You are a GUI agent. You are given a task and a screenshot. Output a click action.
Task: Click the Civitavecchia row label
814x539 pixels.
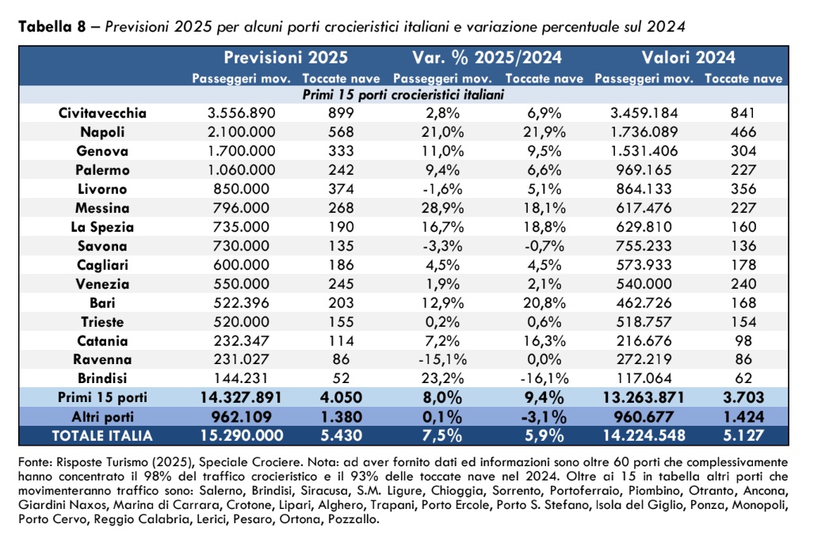pos(102,113)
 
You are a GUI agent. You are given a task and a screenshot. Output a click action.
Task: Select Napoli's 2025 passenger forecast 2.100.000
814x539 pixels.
pos(242,131)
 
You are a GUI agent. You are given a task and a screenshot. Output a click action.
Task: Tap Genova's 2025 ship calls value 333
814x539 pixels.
pos(341,151)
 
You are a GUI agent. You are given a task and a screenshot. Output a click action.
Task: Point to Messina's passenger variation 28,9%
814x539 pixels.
pos(442,208)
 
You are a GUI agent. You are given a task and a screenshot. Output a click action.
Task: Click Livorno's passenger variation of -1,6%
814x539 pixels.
pos(442,188)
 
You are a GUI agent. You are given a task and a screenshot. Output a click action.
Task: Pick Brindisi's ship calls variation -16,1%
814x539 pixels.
pos(544,378)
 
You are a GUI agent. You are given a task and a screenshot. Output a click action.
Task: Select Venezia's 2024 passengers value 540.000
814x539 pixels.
pos(644,284)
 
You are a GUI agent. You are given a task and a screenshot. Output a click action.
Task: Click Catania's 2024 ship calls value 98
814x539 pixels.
pos(743,341)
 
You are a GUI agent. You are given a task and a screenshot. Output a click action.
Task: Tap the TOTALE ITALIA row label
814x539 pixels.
pos(102,436)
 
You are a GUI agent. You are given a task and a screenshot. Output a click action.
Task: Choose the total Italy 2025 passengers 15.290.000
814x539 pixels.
pos(242,435)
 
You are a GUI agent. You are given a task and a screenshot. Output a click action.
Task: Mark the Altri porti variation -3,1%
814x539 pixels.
pos(544,416)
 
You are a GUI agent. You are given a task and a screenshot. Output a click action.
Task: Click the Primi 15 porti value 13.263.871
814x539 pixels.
pos(644,397)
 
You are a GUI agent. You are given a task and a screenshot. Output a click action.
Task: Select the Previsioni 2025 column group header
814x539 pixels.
pos(285,57)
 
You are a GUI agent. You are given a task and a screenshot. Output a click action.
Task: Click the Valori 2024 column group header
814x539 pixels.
pos(688,57)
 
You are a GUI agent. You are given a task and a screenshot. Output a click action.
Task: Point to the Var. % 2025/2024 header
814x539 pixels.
pos(487,57)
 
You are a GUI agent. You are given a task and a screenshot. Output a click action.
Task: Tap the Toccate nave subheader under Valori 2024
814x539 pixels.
pos(743,79)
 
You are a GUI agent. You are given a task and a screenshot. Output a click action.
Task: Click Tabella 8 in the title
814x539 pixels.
pos(52,26)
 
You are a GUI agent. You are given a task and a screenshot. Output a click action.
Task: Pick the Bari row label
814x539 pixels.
pos(102,302)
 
